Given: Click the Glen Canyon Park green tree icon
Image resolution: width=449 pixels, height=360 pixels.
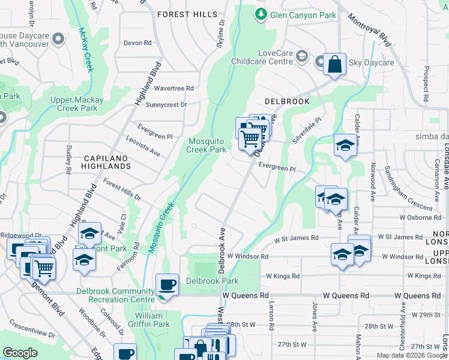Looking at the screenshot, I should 261,14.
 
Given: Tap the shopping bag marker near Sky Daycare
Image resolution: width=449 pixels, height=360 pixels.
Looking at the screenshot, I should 334,64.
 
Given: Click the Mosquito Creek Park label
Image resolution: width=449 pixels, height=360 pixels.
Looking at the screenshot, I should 207,145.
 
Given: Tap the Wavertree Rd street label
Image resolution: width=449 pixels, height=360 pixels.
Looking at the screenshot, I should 174,88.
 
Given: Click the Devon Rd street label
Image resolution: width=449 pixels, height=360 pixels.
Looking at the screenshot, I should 137,43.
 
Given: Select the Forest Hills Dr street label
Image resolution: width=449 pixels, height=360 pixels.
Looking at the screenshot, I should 121,190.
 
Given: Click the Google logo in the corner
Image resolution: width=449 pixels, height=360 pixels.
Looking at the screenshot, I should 20,353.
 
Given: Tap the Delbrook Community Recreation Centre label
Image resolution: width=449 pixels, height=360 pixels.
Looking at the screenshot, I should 115,295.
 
